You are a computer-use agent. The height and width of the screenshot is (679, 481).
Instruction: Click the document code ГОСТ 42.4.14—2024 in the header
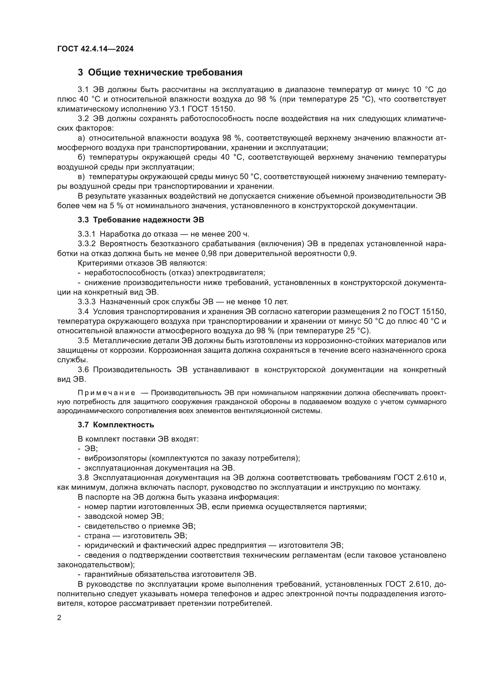(95, 49)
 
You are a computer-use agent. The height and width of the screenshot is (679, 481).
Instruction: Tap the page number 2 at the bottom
(59, 618)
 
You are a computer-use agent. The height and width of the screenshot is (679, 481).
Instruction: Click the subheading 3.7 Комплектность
(116, 425)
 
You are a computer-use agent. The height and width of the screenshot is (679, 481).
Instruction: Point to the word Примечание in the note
(106, 393)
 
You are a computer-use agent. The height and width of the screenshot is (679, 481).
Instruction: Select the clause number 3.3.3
(86, 302)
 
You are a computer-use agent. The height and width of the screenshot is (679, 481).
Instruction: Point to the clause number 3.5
(83, 341)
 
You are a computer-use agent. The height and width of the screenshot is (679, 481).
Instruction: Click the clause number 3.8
(83, 478)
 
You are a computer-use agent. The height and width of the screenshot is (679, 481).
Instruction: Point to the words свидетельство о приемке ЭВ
(140, 526)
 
